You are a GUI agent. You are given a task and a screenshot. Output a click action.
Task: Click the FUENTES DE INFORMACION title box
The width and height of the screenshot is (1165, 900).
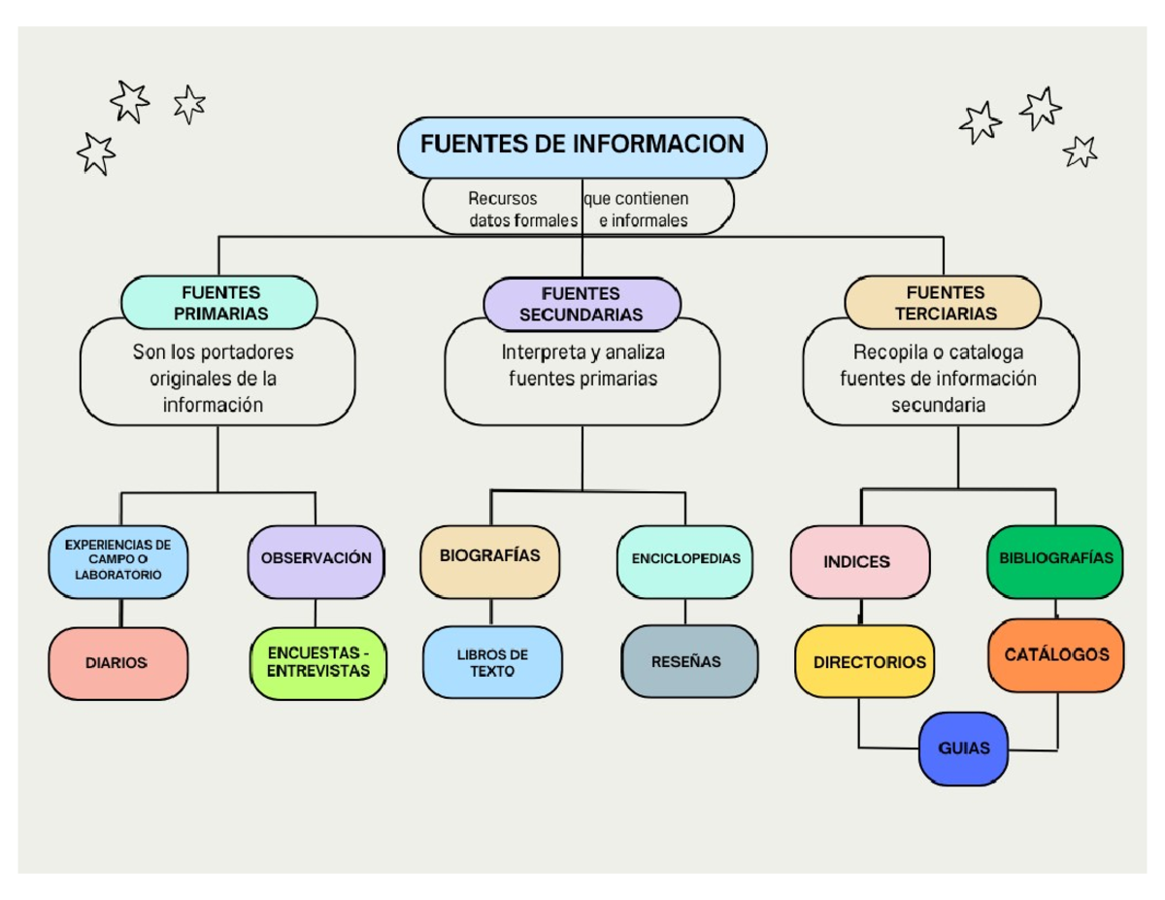pos(582,146)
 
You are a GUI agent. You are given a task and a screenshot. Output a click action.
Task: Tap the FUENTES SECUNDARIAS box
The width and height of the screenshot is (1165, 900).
pos(581,303)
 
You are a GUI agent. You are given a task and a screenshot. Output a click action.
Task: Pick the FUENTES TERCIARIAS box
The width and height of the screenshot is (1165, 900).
pos(944,302)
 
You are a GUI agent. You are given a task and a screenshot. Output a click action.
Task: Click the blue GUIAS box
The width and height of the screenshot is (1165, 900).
pos(964,749)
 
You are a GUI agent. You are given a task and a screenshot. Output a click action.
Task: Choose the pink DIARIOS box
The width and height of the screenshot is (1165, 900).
pos(117,663)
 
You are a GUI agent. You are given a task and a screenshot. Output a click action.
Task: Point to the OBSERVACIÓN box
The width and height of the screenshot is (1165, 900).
pos(316,560)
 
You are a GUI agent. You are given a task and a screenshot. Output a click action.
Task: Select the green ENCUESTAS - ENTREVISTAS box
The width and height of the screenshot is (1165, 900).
pos(317,663)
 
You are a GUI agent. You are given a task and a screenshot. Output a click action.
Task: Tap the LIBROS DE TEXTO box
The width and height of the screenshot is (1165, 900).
pos(492,663)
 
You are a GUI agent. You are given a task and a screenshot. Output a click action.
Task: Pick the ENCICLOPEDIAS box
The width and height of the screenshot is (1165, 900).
pos(685,560)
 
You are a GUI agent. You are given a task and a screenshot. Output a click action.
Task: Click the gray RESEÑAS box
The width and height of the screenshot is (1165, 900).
pos(688,662)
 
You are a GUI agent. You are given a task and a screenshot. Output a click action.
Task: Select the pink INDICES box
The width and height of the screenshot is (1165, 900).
pos(859,562)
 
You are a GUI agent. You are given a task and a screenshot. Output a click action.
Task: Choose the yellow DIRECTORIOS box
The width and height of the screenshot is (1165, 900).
pos(867,662)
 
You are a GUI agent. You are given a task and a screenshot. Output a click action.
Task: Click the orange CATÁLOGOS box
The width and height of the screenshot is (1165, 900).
pos(1056,656)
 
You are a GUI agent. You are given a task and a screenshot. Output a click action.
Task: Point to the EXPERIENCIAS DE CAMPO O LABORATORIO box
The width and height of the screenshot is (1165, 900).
pos(117,561)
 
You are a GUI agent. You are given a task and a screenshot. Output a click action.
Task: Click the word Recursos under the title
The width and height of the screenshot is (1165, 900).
pos(502,199)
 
